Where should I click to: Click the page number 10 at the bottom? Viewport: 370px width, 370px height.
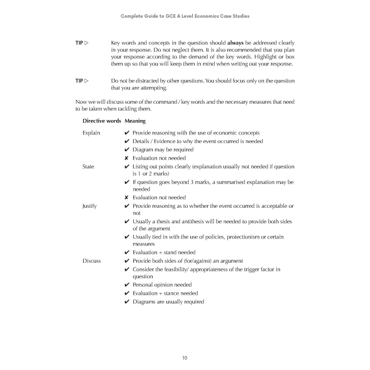coord(185,358)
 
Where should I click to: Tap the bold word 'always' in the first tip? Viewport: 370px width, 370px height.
coord(235,43)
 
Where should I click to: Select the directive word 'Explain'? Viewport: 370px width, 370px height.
coord(91,133)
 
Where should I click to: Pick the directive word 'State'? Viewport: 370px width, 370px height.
coord(88,167)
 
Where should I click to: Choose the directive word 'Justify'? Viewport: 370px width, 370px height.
coord(90,206)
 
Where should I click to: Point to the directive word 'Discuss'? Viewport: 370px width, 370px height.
coord(91,261)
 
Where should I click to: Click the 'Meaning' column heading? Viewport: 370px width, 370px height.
coord(135,121)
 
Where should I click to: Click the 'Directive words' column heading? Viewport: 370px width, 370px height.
coord(102,121)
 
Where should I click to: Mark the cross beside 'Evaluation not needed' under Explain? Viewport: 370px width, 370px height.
coord(126,158)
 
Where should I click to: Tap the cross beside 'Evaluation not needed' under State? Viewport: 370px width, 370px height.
coord(126,198)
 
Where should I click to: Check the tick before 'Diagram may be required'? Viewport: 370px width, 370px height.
coord(126,150)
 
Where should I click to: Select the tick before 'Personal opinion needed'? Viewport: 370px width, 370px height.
coord(126,285)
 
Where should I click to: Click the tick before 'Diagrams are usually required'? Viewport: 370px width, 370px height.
coord(126,302)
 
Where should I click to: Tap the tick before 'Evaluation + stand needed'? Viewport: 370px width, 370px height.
coord(126,253)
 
